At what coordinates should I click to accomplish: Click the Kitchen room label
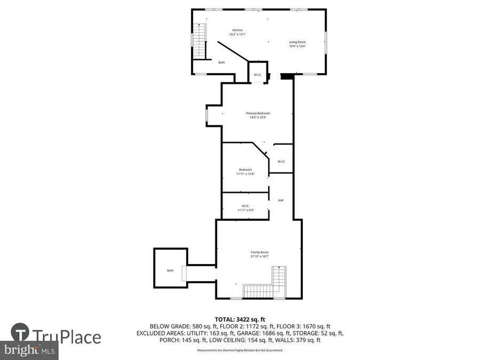(x=237, y=30)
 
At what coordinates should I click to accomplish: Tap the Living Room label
(x=297, y=42)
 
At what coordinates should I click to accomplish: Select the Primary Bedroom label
(x=258, y=113)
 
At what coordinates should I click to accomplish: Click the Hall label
(x=281, y=200)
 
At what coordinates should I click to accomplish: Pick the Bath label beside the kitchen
(x=221, y=62)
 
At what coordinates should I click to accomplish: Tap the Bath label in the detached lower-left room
(x=170, y=270)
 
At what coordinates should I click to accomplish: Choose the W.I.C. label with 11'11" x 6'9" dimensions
(x=245, y=206)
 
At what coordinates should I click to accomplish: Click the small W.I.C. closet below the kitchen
(x=257, y=75)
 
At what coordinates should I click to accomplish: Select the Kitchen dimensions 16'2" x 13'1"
(x=237, y=34)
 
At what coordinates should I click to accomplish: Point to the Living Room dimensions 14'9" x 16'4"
(x=297, y=46)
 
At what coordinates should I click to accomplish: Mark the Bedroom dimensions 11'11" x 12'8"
(x=245, y=174)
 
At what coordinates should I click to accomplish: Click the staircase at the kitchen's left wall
(x=199, y=41)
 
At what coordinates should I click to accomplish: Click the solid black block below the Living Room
(x=287, y=76)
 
